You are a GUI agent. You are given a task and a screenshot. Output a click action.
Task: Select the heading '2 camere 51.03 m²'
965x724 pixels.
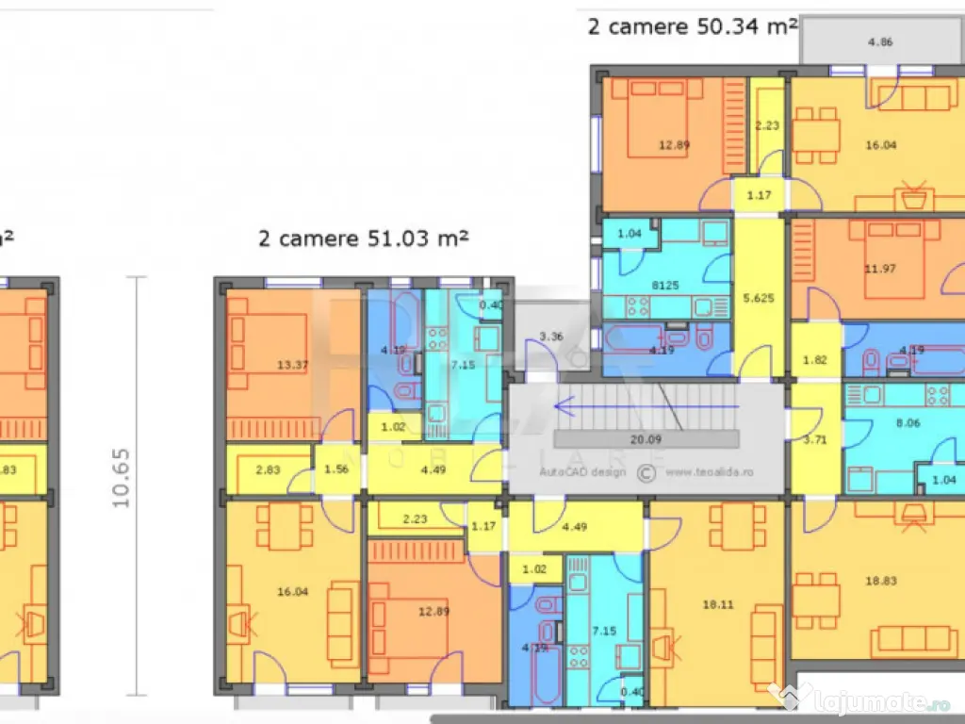tap(364, 239)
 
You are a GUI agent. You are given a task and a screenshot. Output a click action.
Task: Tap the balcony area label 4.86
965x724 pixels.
tap(879, 42)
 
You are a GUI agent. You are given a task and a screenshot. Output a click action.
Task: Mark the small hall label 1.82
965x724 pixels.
tap(816, 359)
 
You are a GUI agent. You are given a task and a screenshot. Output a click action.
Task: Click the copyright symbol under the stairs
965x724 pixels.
tap(646, 471)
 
